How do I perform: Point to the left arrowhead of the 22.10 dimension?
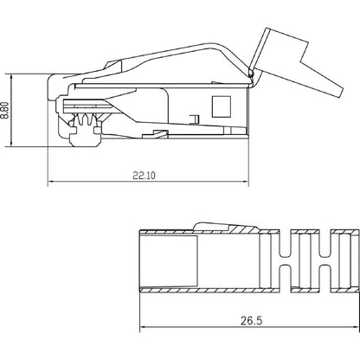[50, 183]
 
